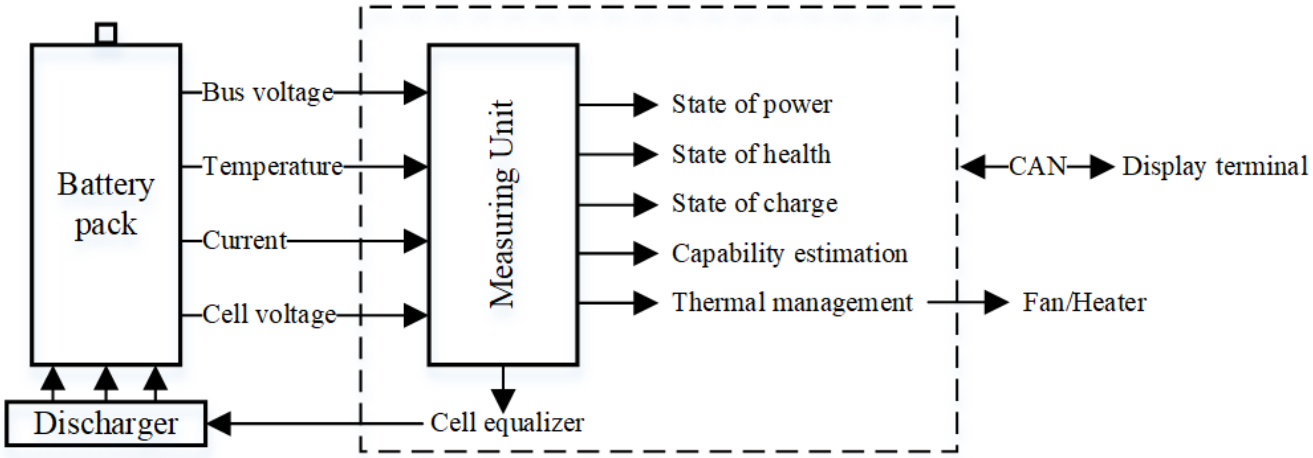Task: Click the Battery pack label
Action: [106, 205]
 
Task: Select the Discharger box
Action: [106, 423]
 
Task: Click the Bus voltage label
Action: [268, 93]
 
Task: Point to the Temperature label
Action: [273, 167]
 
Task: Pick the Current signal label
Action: [245, 240]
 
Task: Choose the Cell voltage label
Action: [269, 314]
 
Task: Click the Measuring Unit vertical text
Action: [503, 204]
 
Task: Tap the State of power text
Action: [751, 104]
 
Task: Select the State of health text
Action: [751, 154]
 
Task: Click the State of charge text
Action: [754, 204]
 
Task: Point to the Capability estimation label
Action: [789, 253]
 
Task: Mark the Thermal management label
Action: [792, 303]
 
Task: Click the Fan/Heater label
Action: [1084, 303]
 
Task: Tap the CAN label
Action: [1037, 166]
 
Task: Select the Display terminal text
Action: [1215, 166]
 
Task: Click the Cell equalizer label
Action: [507, 423]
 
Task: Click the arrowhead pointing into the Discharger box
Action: [219, 423]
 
